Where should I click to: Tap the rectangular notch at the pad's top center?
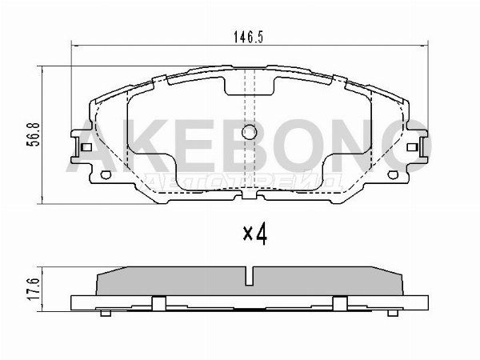click(250, 84)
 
